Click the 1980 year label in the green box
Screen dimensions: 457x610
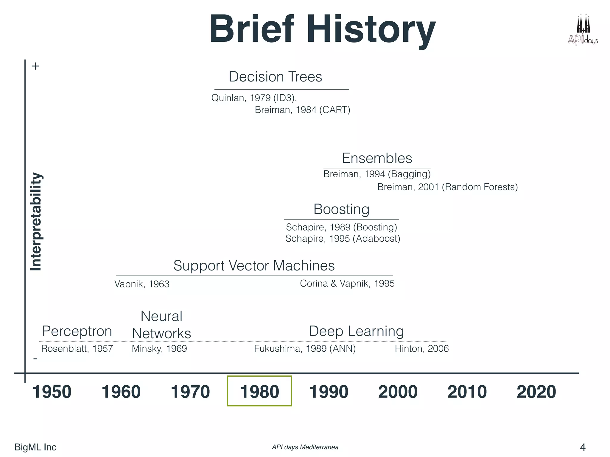(x=259, y=392)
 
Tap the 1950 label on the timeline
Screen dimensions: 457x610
(x=52, y=392)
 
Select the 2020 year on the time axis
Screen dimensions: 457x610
(x=536, y=392)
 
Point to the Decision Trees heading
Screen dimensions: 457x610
(x=275, y=77)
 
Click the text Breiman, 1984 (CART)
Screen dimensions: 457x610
(x=302, y=110)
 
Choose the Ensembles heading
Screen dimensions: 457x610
(x=377, y=158)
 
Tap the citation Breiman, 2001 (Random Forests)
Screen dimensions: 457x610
(x=447, y=187)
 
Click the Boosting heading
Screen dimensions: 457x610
(x=341, y=209)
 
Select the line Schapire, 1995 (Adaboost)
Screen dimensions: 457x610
(x=343, y=238)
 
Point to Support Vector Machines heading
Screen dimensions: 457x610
(x=254, y=265)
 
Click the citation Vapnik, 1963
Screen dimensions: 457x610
(x=142, y=284)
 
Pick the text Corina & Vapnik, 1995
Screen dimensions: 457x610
(x=347, y=283)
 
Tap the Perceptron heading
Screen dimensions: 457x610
(x=77, y=331)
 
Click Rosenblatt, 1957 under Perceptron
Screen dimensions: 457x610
(x=77, y=348)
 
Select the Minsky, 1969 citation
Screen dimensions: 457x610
(x=159, y=348)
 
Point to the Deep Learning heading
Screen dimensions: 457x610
(x=356, y=331)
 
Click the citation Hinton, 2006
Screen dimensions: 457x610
(x=421, y=348)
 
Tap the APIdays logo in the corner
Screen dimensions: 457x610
(x=583, y=30)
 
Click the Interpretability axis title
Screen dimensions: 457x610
(x=36, y=222)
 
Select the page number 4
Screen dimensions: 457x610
(x=583, y=447)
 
